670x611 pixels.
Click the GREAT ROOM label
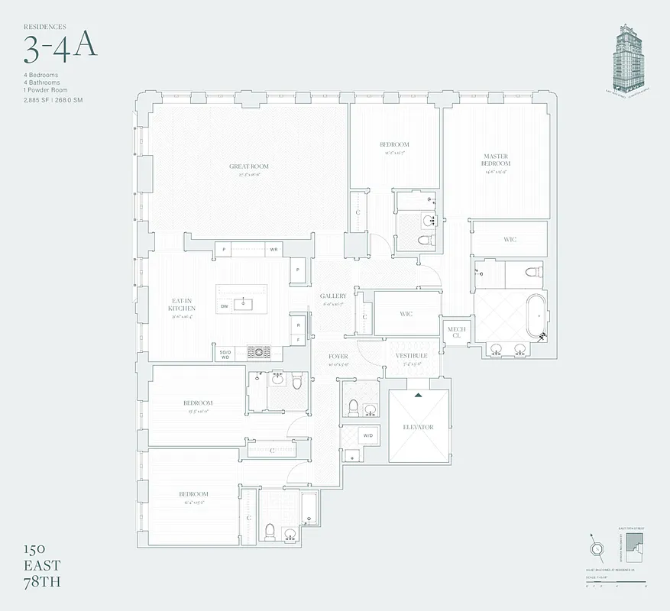[x=249, y=166]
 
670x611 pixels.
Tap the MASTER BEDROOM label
[x=496, y=160]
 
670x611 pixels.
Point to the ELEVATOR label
[x=418, y=427]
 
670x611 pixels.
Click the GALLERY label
[x=333, y=296]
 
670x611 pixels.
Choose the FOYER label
[x=338, y=357]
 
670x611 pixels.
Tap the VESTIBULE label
[x=411, y=356]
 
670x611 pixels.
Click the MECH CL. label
[x=456, y=332]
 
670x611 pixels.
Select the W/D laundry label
[x=367, y=436]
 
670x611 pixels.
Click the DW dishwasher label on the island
[x=225, y=306]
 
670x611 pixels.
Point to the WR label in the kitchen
[x=273, y=250]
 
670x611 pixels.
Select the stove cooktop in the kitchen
[x=261, y=352]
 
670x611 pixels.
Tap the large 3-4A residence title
[x=60, y=47]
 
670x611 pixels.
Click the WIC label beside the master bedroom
[x=510, y=240]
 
